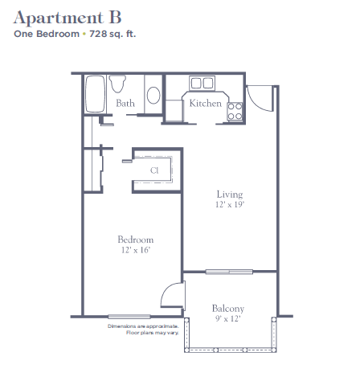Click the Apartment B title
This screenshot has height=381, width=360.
pyautogui.click(x=67, y=18)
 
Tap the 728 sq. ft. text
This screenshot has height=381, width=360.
pyautogui.click(x=112, y=34)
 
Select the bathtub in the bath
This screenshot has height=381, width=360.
pyautogui.click(x=95, y=94)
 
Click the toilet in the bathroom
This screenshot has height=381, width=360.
pyautogui.click(x=117, y=84)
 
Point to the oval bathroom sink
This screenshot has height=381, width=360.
pyautogui.click(x=153, y=95)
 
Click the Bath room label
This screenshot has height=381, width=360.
pyautogui.click(x=125, y=103)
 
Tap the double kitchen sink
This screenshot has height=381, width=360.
pyautogui.click(x=202, y=83)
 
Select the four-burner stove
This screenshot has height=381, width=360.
pyautogui.click(x=235, y=111)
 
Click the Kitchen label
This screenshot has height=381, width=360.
pyautogui.click(x=206, y=103)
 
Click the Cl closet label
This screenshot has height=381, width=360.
pyautogui.click(x=154, y=170)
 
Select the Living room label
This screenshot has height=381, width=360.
pyautogui.click(x=230, y=195)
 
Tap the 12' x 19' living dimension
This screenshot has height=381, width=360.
pyautogui.click(x=230, y=204)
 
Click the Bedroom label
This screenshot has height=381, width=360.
pyautogui.click(x=136, y=240)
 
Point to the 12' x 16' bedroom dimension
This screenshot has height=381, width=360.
pyautogui.click(x=136, y=250)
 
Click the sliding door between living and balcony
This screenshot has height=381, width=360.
pyautogui.click(x=229, y=272)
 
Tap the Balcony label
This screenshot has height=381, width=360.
pyautogui.click(x=228, y=309)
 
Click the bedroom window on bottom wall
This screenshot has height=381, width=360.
pyautogui.click(x=129, y=317)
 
